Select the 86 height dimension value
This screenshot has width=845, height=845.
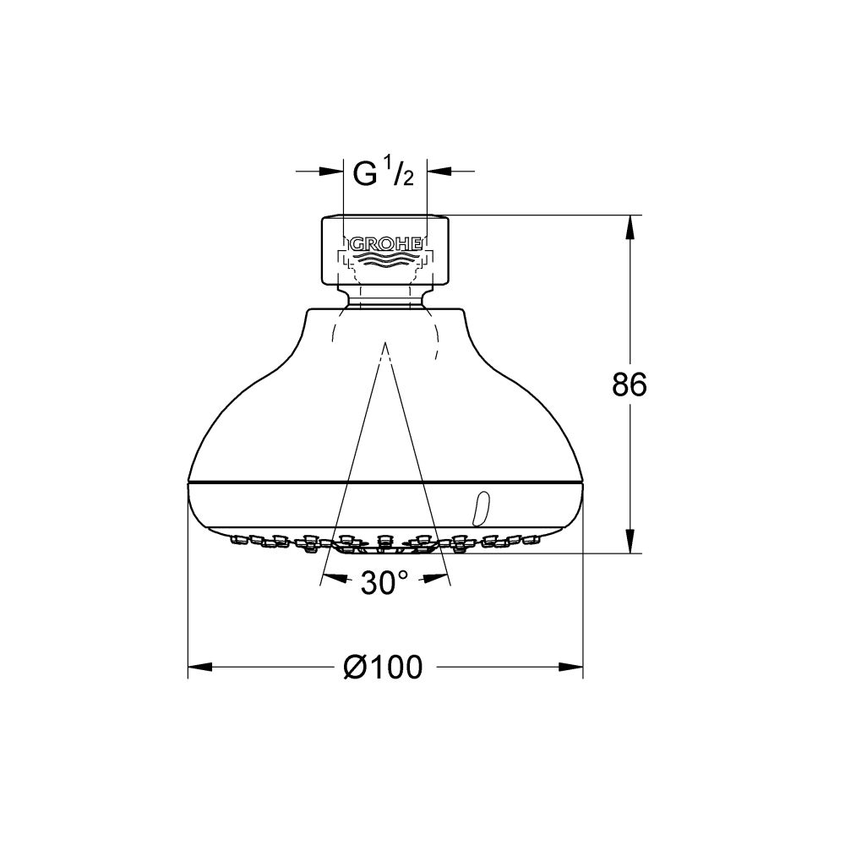tap(630, 385)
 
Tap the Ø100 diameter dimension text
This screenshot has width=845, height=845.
tap(383, 668)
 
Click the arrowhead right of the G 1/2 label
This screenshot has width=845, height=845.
tap(438, 172)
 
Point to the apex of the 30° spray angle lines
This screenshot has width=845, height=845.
tap(385, 343)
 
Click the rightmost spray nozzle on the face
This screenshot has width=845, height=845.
tap(534, 537)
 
